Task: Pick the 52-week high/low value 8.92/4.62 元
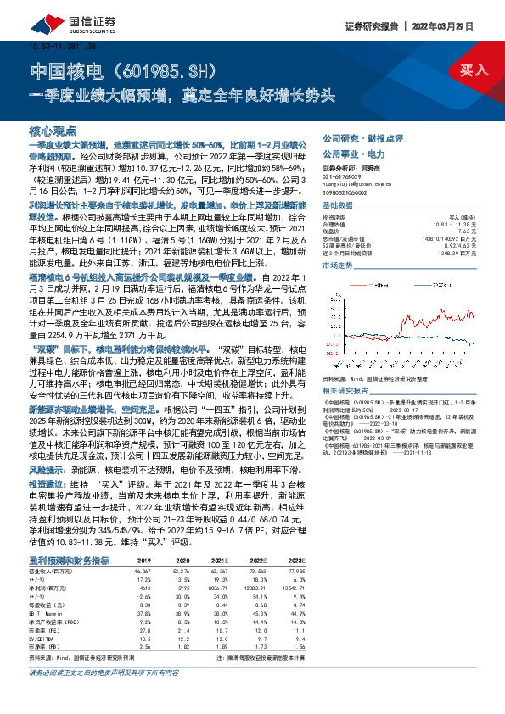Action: [463, 246]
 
